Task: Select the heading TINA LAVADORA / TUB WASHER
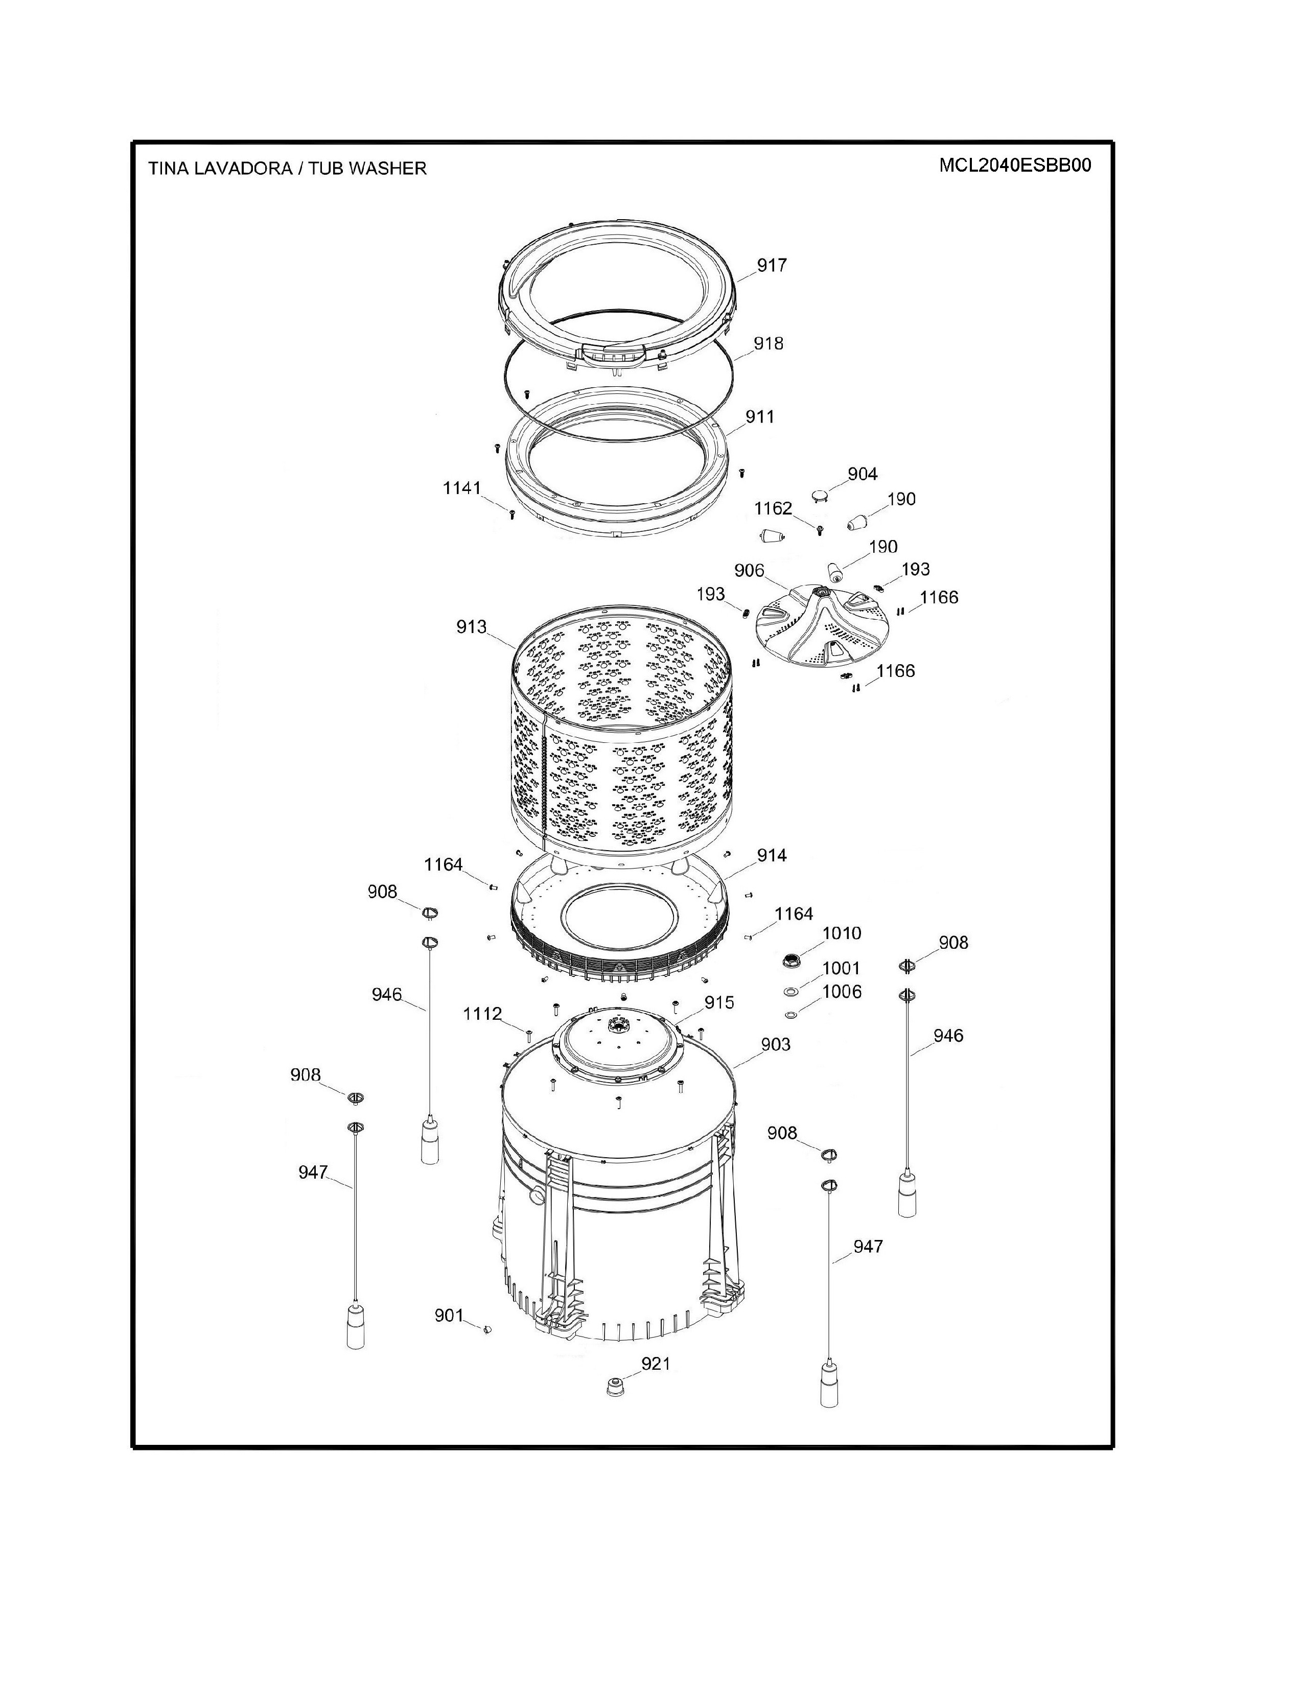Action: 287,168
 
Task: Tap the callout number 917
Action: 771,266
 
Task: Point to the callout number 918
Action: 768,343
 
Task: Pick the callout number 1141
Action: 461,488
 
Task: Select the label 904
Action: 862,474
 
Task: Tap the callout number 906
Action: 749,571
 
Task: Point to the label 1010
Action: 842,933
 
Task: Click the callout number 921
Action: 656,1364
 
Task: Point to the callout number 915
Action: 718,1003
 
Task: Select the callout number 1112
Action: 482,1014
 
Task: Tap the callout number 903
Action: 776,1044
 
